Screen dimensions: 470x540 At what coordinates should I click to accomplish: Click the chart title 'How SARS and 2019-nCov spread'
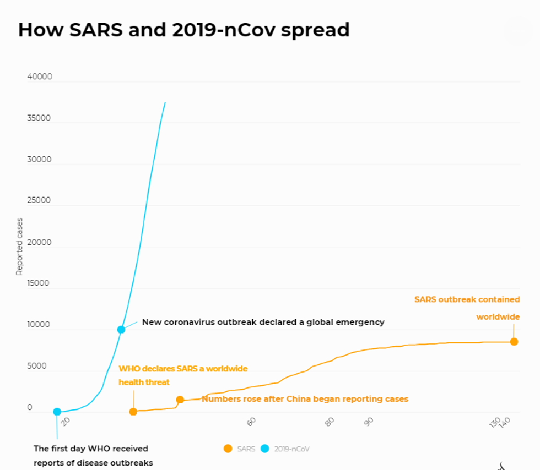point(183,30)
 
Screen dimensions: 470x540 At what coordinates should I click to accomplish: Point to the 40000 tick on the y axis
point(40,76)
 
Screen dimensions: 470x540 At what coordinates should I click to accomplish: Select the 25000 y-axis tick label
point(40,200)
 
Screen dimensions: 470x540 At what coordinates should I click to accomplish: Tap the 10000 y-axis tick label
point(40,325)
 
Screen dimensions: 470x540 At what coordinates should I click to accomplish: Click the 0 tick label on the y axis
point(30,408)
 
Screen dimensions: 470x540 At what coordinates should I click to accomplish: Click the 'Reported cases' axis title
point(19,247)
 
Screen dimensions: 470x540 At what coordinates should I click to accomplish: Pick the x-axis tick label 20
point(66,422)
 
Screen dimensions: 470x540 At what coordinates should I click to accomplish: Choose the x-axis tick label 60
point(252,422)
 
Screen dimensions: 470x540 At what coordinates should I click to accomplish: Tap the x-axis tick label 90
point(369,422)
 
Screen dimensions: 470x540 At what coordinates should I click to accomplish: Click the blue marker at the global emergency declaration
point(121,330)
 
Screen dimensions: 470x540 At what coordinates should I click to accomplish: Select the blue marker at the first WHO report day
point(57,412)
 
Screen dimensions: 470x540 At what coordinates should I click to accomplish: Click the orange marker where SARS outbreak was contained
point(514,342)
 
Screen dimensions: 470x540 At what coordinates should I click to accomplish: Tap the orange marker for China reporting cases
point(180,400)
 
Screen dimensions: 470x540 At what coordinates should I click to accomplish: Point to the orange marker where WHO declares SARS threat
point(133,412)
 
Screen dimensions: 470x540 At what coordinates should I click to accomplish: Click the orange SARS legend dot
point(228,449)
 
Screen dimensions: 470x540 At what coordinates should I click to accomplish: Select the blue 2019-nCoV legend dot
point(265,449)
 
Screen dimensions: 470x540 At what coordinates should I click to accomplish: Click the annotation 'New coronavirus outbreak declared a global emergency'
point(263,322)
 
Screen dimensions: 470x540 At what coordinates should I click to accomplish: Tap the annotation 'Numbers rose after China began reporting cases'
point(305,398)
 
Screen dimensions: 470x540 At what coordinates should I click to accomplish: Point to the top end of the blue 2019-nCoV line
point(165,102)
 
